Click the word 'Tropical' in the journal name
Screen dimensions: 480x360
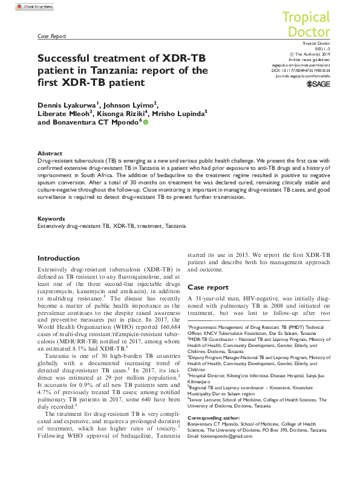click(307, 18)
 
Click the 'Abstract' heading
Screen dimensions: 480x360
click(50, 154)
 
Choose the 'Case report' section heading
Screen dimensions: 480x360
click(208, 287)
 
